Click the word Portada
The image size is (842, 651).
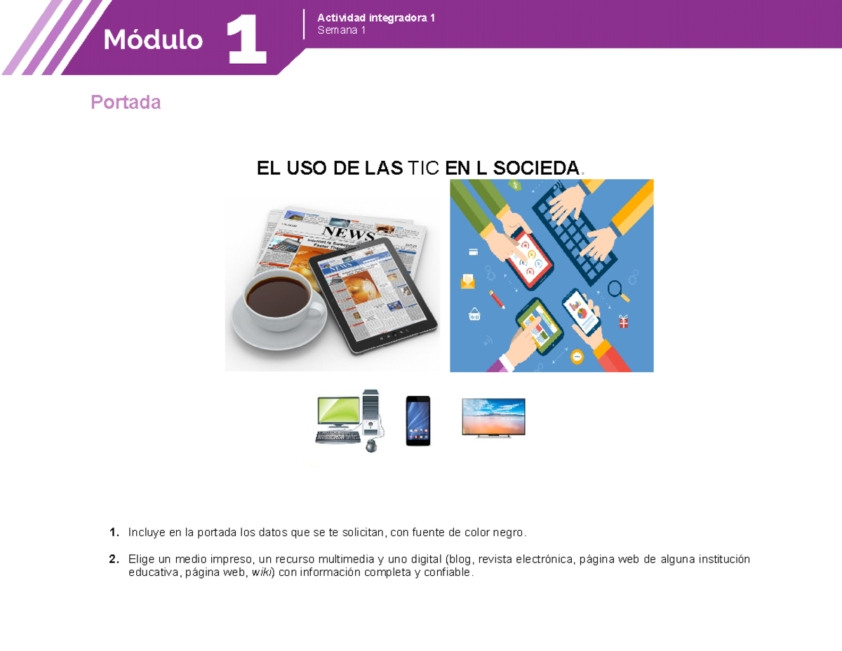click(126, 103)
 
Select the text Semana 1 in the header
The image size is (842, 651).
click(342, 30)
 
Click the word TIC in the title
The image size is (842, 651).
click(424, 168)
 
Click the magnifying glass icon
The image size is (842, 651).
click(616, 289)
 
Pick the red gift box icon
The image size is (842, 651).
click(624, 322)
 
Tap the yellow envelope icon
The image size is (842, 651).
click(468, 282)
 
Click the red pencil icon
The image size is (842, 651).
click(497, 299)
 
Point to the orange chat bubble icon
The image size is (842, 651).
click(577, 356)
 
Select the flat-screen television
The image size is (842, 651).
click(493, 417)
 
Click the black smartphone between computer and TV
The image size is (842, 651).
click(418, 421)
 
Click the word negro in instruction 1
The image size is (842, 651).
click(508, 532)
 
